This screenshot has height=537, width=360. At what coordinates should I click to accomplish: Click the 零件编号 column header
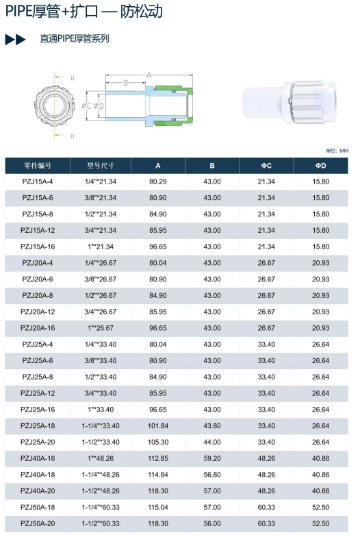coord(38,166)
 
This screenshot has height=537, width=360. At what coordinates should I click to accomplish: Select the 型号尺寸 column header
coord(101,166)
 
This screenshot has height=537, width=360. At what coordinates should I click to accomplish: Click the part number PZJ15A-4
coord(38,182)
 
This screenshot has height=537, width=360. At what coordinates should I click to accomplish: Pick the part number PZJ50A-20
coord(38,523)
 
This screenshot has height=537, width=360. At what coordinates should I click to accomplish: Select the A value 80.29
coord(158,182)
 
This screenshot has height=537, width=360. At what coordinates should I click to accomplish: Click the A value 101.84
coord(158,425)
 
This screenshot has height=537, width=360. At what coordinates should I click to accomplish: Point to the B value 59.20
coord(212,458)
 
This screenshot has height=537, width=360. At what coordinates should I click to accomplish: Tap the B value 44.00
coord(212,442)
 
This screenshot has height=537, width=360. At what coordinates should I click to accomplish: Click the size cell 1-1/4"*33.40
coord(101,425)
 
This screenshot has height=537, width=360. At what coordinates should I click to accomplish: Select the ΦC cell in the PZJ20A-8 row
coord(266,295)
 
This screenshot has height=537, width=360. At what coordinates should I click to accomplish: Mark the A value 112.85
coord(158,458)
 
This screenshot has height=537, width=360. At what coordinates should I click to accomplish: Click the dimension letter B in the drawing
coord(126,83)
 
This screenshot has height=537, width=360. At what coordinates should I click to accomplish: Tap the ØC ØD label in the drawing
coord(92,105)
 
